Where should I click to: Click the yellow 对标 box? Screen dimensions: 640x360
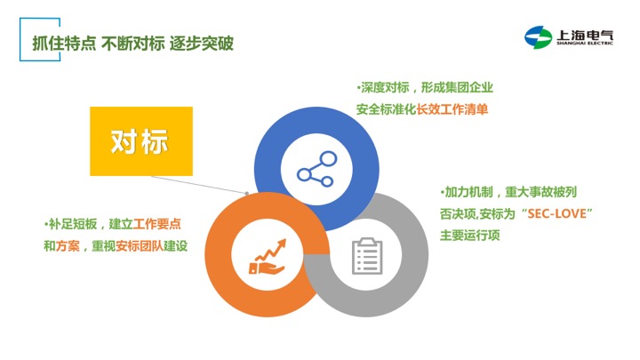[x=141, y=141]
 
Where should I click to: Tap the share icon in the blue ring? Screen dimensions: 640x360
[x=316, y=169]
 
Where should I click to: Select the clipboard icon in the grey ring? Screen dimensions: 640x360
[x=367, y=256]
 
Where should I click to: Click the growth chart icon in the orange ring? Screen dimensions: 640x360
[x=268, y=257]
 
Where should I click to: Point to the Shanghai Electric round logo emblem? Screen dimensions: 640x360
[x=538, y=37]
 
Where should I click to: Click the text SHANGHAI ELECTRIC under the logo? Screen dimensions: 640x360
[x=585, y=43]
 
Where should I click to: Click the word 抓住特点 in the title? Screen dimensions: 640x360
[x=64, y=44]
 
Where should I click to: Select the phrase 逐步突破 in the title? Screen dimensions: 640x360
[x=201, y=44]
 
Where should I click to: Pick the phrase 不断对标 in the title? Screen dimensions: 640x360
[x=132, y=44]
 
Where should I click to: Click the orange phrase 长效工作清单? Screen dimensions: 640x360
[x=452, y=109]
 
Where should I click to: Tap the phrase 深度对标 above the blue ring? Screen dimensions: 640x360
[x=385, y=87]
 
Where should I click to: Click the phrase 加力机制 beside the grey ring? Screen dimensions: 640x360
[x=468, y=192]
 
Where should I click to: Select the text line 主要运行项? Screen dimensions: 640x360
[x=470, y=236]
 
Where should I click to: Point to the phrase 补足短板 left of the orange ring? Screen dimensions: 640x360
[x=73, y=224]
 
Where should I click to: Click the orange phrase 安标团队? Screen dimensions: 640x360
[x=140, y=246]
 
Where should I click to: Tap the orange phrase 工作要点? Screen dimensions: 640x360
[x=157, y=224]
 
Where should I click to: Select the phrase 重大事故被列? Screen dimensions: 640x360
[x=540, y=192]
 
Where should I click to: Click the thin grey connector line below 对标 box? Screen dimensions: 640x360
[x=199, y=184]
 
